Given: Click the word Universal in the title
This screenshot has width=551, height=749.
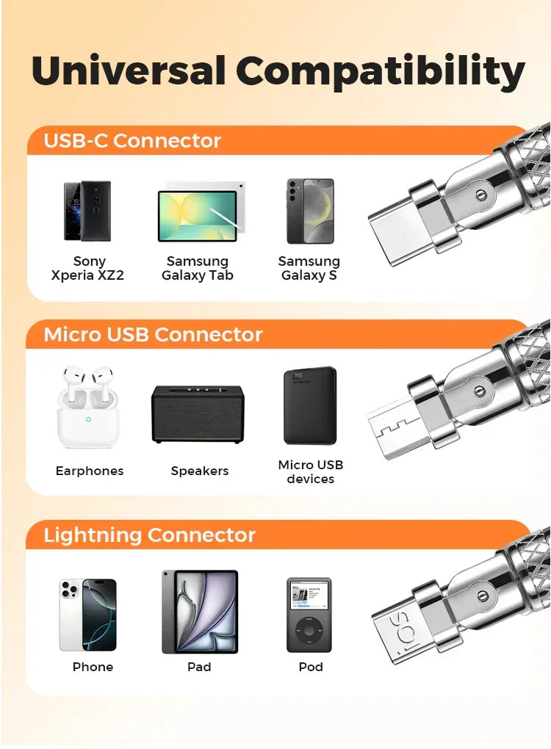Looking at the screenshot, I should tap(129, 72).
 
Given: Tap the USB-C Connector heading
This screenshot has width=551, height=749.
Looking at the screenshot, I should tap(132, 140).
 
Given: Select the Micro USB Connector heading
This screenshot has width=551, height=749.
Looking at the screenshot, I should tap(153, 335).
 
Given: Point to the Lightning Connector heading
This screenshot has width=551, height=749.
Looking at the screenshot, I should tap(149, 535).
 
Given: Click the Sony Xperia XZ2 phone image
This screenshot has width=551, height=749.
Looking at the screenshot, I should tap(87, 211).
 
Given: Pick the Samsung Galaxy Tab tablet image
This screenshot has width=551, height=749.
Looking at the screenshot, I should tap(199, 214).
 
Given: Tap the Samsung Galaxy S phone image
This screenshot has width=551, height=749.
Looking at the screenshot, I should tap(310, 211).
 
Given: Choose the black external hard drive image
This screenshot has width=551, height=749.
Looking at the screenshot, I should tap(310, 406).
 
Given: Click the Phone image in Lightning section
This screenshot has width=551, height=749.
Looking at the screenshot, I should tap(88, 615).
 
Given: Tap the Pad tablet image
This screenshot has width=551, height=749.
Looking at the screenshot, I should tap(200, 612).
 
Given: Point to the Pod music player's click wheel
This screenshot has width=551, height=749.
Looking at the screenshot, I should tap(309, 631).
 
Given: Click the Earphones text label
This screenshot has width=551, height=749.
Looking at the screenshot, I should tap(90, 471).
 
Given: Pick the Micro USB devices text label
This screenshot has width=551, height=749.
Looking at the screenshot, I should tap(310, 471).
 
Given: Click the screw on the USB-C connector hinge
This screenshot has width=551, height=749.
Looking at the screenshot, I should tap(480, 195).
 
